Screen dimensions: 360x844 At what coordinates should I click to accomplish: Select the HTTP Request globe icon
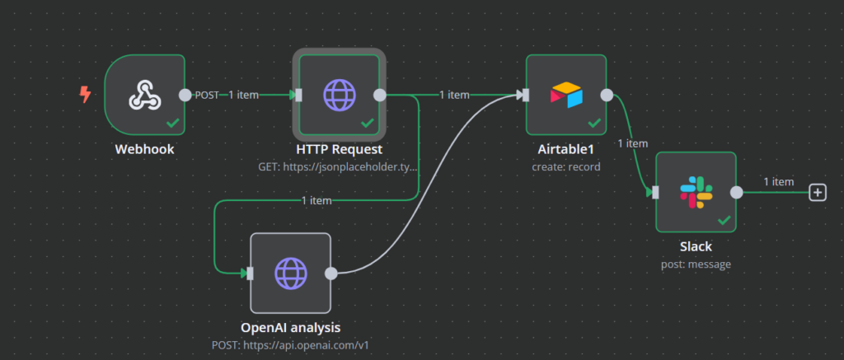tap(338, 95)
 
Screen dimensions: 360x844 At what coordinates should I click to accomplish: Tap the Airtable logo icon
tap(565, 95)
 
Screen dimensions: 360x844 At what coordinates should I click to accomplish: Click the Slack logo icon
tap(695, 192)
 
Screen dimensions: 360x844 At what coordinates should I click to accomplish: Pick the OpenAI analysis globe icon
tap(289, 273)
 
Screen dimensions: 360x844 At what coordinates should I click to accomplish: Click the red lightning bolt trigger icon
tap(84, 95)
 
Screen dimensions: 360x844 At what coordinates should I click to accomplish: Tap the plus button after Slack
tap(817, 192)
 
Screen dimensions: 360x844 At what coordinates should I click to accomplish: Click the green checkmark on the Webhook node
tap(173, 123)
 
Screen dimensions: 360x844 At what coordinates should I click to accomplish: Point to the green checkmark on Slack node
tap(724, 220)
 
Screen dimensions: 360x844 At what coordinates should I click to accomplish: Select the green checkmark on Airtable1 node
tap(594, 123)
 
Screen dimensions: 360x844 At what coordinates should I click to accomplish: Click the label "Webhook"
tap(145, 150)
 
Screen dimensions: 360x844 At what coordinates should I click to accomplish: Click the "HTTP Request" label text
tap(339, 150)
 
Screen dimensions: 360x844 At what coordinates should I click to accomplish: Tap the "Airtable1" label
tap(566, 150)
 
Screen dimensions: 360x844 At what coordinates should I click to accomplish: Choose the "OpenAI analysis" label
tap(290, 327)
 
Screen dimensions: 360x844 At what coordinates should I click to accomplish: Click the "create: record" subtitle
tap(566, 166)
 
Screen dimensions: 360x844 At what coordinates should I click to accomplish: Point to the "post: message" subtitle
tap(696, 264)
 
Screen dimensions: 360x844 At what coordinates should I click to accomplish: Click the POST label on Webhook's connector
tap(207, 95)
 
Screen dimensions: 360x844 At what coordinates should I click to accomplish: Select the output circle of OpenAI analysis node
tap(331, 273)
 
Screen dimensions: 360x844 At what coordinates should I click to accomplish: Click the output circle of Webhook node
tap(185, 95)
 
